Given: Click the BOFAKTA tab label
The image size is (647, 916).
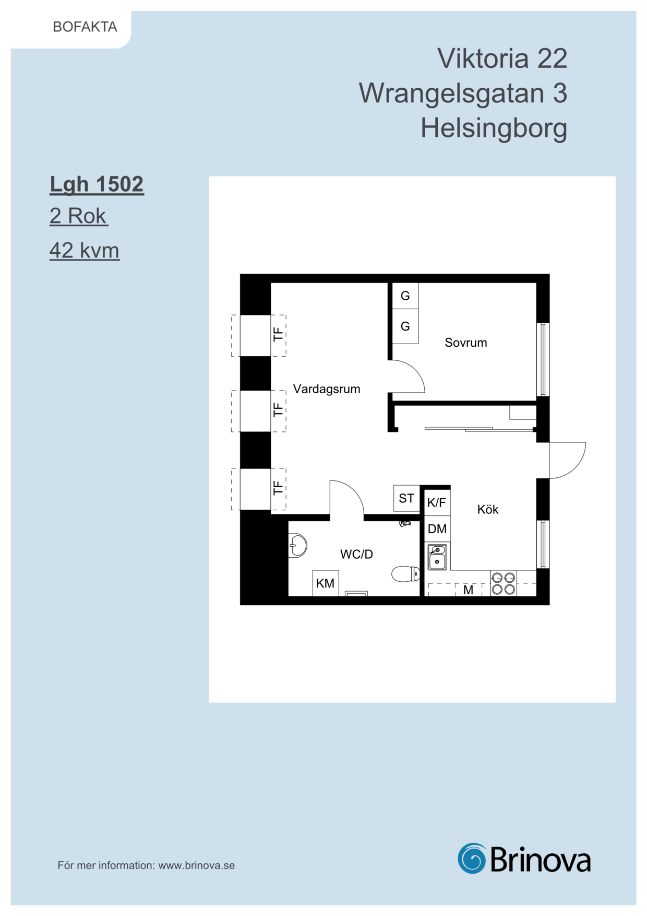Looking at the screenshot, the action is point(85,27).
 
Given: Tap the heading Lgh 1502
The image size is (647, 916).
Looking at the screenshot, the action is point(97,185).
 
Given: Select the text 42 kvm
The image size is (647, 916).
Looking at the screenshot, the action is point(85,251).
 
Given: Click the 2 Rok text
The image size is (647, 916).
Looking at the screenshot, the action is point(78,216).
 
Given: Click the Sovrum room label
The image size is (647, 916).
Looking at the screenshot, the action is point(466,343).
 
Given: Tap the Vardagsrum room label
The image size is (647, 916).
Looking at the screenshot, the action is point(327,389).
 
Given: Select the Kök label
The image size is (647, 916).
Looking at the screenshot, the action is point(488,509).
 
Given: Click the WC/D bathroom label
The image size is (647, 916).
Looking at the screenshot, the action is point(356,554).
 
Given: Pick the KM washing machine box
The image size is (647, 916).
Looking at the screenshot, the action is point(326,583).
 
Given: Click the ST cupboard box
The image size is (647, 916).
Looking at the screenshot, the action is point(406,498).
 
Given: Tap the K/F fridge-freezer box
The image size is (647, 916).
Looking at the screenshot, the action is point(437,502).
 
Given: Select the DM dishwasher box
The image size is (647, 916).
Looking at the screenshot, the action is point(437,529).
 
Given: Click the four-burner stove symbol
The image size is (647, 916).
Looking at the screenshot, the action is point(504,583).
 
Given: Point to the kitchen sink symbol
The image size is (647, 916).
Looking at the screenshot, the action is point(437,557).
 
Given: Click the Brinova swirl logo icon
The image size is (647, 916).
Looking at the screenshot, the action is point(472,858).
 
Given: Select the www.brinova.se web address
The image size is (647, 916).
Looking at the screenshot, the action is point(197,865).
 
